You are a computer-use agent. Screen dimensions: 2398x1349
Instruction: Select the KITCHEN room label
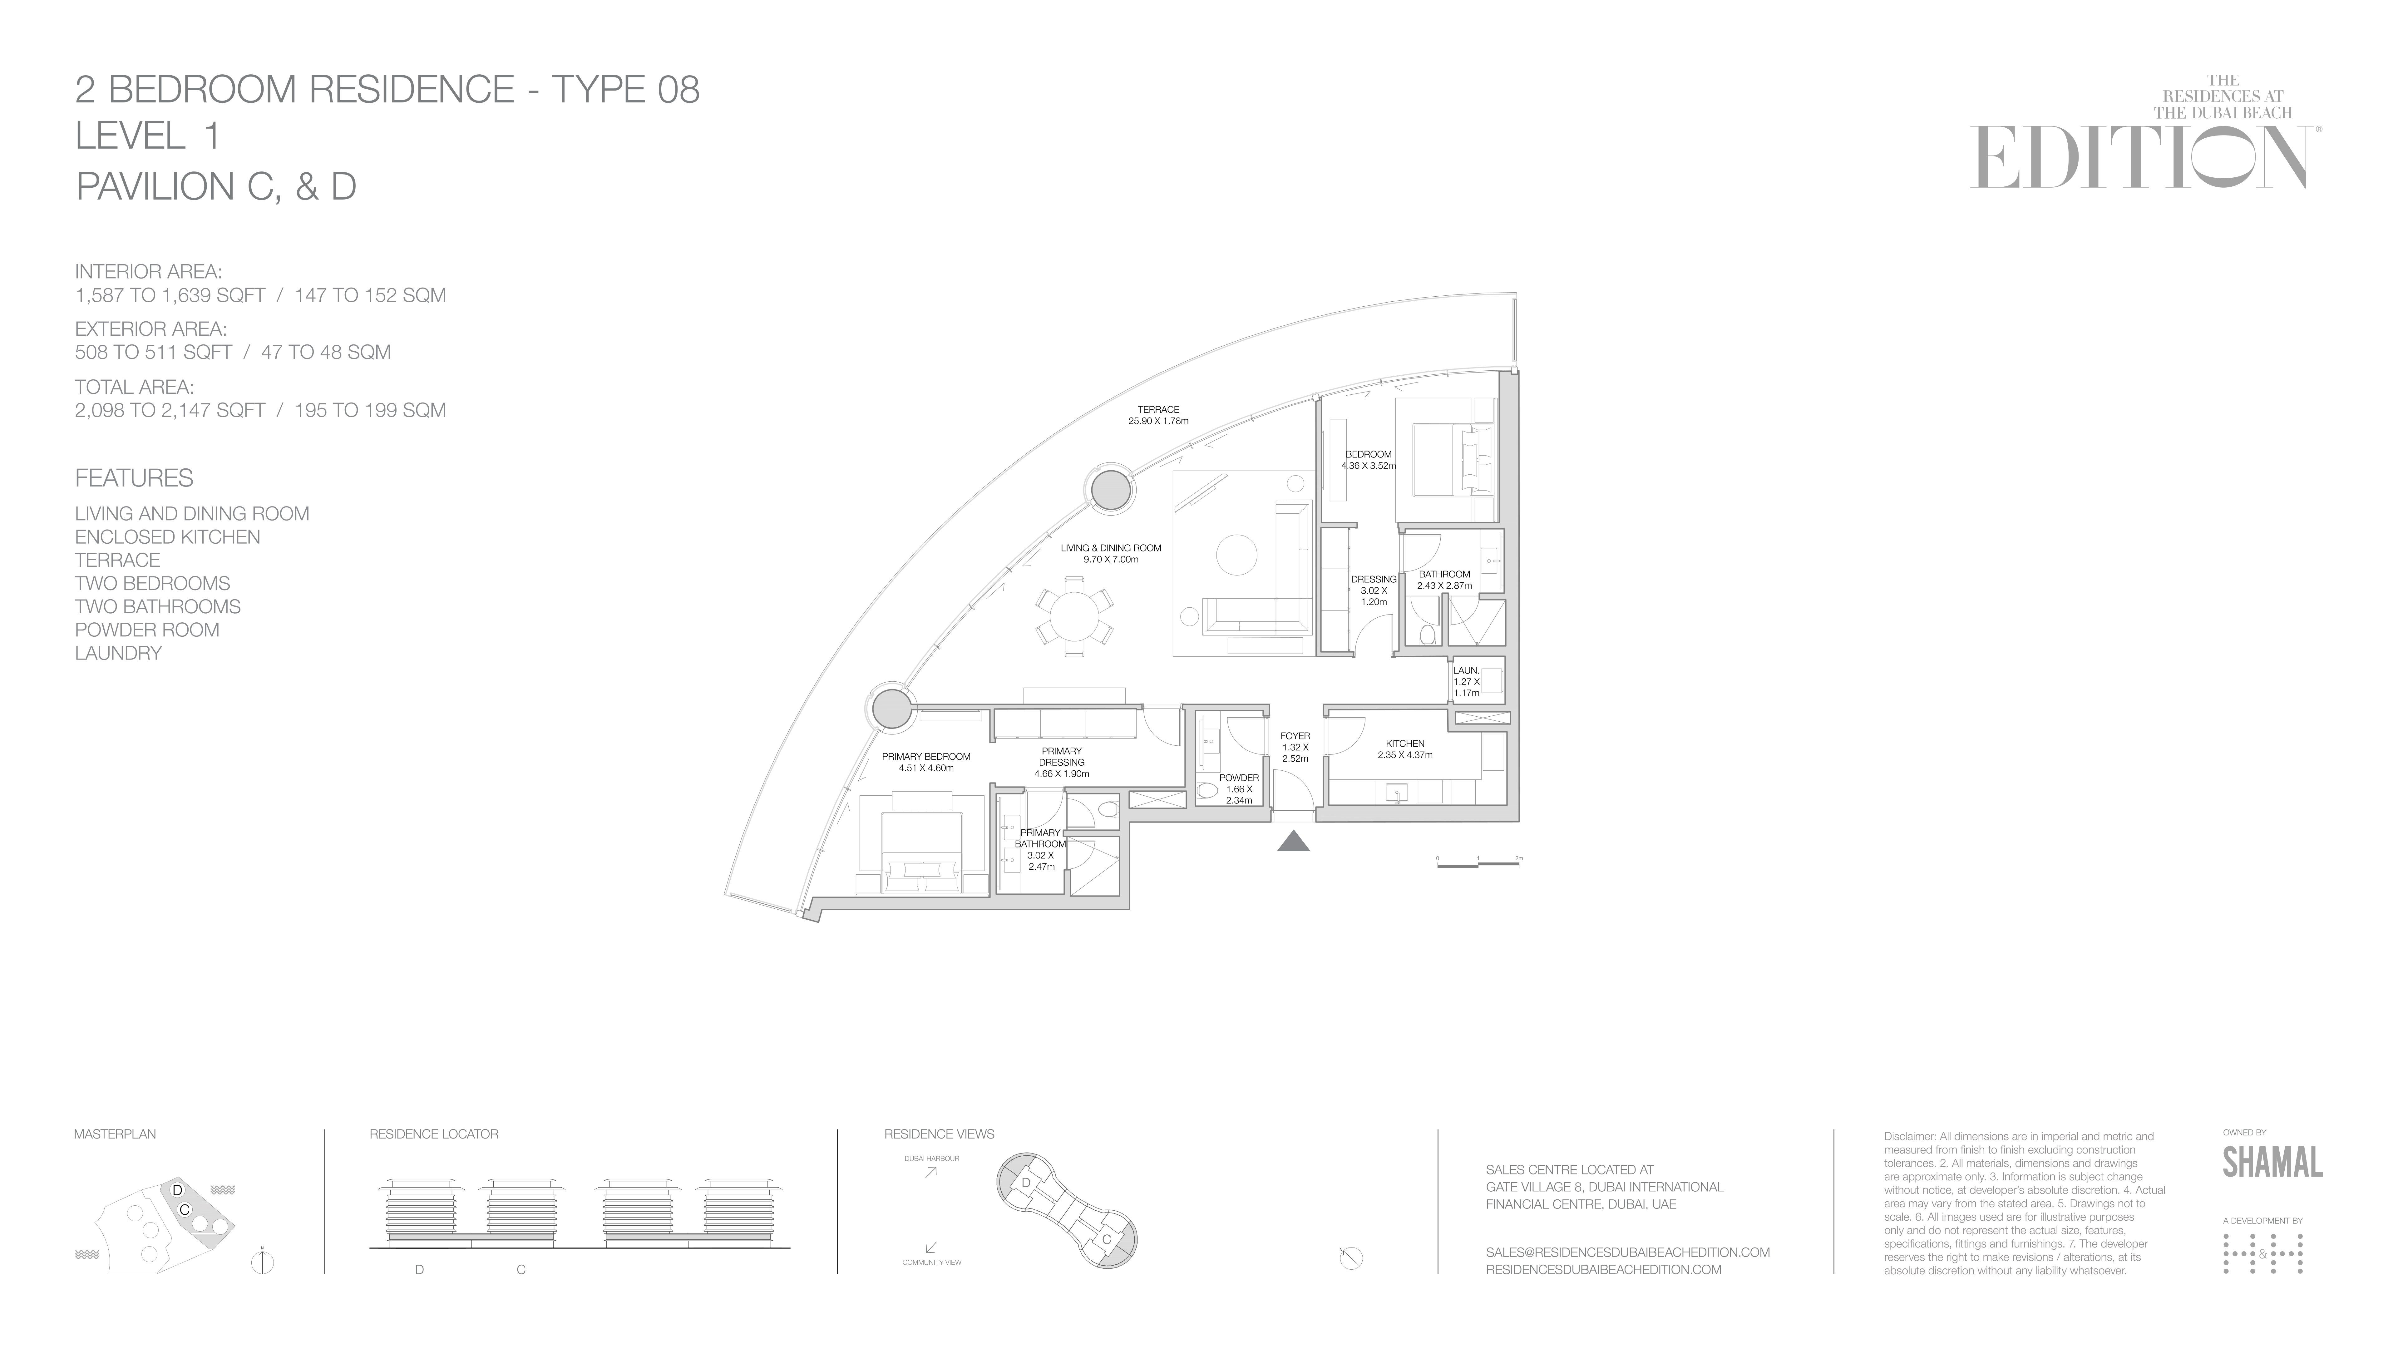(x=1405, y=744)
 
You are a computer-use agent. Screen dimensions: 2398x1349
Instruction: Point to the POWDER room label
(x=1239, y=778)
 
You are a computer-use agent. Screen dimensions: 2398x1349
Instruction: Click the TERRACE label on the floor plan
(x=1158, y=410)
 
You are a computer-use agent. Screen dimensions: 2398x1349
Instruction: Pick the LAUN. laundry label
(x=1466, y=670)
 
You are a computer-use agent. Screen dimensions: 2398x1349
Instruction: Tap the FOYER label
(x=1295, y=736)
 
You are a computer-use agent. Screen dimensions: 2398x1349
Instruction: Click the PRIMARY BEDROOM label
(x=926, y=757)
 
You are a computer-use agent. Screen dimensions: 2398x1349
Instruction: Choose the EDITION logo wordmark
(x=2138, y=158)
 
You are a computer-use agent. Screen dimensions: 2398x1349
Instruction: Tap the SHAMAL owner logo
(x=2272, y=1162)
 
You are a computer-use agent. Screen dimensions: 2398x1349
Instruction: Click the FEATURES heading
(x=134, y=478)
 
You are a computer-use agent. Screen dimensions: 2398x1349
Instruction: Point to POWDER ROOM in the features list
(x=147, y=630)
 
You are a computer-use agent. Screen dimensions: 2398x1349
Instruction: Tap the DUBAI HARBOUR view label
(x=931, y=1159)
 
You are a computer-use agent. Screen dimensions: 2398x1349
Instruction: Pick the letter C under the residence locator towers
(x=521, y=1270)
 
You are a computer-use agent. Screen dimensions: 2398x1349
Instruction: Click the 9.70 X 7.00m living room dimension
(x=1111, y=560)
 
